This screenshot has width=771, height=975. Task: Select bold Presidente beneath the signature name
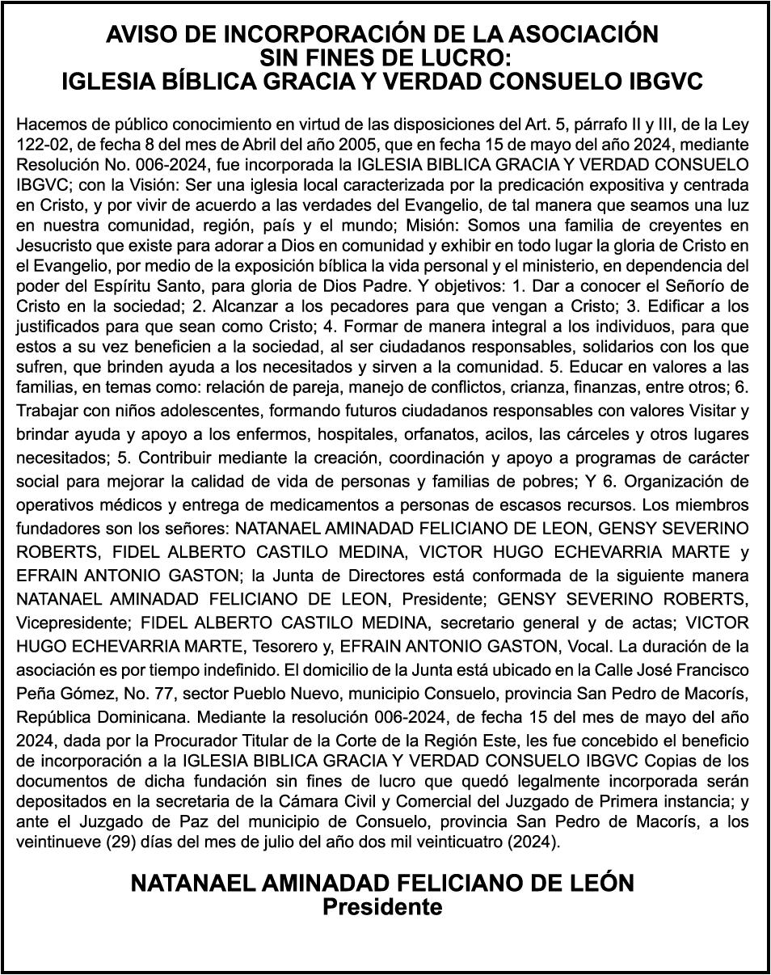[382, 906]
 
